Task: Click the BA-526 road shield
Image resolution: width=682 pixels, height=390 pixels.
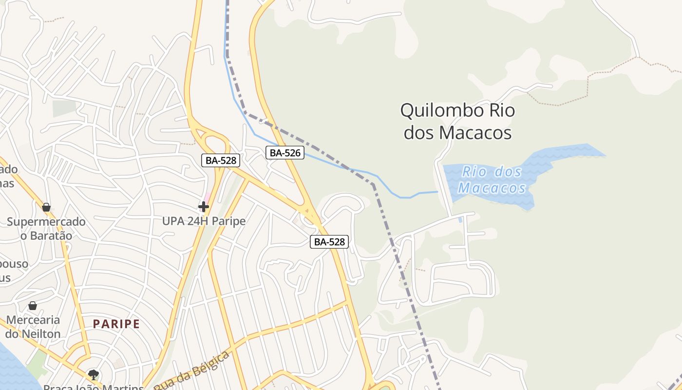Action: [x=285, y=153]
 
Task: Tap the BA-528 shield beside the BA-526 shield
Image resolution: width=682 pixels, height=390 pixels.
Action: [x=221, y=160]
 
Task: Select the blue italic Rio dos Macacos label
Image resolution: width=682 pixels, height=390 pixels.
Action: [x=492, y=179]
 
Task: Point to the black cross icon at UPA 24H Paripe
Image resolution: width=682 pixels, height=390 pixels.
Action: [x=204, y=207]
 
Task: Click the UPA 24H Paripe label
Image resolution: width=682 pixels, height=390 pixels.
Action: [x=204, y=221]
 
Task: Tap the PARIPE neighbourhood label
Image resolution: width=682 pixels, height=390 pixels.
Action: [x=116, y=324]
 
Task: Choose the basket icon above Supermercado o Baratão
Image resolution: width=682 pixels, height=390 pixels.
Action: [x=46, y=208]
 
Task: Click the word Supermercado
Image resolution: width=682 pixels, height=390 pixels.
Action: [x=46, y=222]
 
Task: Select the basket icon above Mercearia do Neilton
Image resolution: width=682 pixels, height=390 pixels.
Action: [x=33, y=306]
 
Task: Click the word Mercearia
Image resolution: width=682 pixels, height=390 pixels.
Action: [x=33, y=320]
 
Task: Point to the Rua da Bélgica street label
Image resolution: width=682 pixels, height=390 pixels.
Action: [x=192, y=370]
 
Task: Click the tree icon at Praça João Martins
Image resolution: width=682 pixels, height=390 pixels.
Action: [x=93, y=374]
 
